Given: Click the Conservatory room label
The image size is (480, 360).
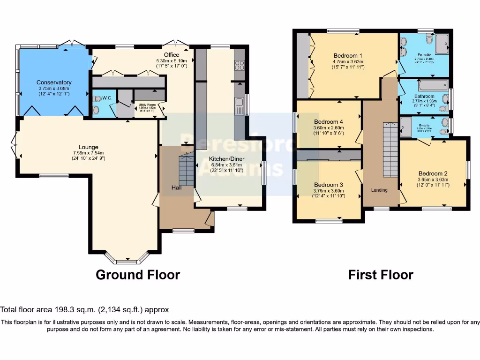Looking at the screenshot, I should coord(54,82).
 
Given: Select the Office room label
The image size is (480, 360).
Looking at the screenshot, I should coord(171,55).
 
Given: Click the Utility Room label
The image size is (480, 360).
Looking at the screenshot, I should coord(146,105).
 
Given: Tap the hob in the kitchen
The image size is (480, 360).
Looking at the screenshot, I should coord(240,65).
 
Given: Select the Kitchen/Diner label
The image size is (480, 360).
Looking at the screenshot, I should coord(226,159).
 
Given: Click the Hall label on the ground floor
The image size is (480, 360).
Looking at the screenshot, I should coord(177,187).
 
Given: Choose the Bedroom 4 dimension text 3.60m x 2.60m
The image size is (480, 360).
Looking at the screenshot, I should coord(328,127).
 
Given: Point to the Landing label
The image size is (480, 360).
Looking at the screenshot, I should coord(380,190).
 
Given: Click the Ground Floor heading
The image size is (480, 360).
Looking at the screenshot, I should coord(137,275).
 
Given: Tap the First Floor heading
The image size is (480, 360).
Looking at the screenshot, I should coord(381,275).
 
